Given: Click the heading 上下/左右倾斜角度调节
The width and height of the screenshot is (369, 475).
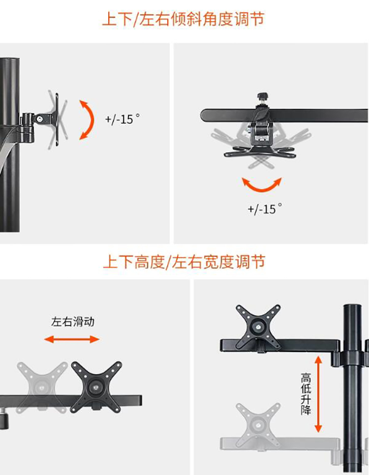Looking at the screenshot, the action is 183,19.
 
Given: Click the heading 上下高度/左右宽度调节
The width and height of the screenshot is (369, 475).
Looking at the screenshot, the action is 184,262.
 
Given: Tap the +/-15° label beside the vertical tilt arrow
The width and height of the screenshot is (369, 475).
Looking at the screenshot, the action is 123,119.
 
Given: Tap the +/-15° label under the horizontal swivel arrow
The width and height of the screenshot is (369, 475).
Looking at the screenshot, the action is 265,208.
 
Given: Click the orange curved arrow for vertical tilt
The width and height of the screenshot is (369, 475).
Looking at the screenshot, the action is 92,120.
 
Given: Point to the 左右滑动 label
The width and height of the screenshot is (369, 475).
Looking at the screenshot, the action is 73,322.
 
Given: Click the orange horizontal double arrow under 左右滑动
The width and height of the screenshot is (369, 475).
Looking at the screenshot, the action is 72,339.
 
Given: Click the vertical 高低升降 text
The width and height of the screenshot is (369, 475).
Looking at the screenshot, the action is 306,394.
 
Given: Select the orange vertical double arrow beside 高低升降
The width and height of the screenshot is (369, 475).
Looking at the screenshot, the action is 318,394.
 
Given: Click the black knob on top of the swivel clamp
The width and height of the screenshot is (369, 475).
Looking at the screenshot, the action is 262,97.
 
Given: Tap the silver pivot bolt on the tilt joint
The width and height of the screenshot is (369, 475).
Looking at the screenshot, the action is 40,119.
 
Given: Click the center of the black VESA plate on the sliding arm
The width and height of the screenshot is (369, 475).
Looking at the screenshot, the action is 96,387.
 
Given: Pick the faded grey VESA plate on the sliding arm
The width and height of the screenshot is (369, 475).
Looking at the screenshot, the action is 41,387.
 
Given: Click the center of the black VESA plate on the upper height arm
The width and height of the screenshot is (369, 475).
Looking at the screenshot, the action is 258,327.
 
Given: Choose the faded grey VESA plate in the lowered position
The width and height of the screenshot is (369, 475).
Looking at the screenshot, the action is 258,424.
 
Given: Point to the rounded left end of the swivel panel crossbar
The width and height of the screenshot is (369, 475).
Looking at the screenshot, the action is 204,116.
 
